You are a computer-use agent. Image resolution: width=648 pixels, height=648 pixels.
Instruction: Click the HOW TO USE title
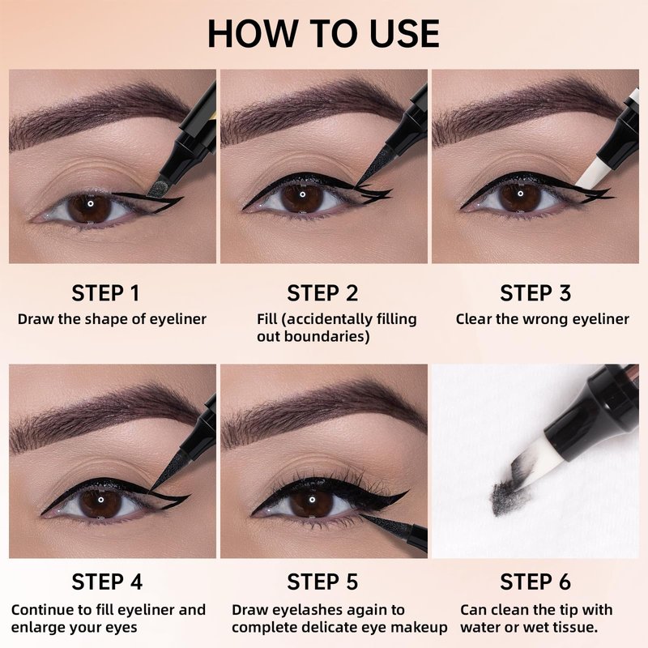pyautogui.click(x=323, y=33)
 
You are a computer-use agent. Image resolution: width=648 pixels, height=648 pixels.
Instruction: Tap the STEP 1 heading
pyautogui.click(x=106, y=293)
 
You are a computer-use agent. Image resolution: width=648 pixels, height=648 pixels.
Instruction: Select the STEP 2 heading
pyautogui.click(x=322, y=293)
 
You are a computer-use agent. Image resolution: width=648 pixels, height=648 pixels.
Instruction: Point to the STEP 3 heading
pyautogui.click(x=535, y=293)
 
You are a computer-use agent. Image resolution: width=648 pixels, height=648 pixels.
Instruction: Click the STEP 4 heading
pyautogui.click(x=107, y=582)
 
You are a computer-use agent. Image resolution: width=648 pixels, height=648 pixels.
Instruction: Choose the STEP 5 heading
pyautogui.click(x=322, y=582)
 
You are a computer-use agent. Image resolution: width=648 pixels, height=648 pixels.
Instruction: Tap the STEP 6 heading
pyautogui.click(x=535, y=582)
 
